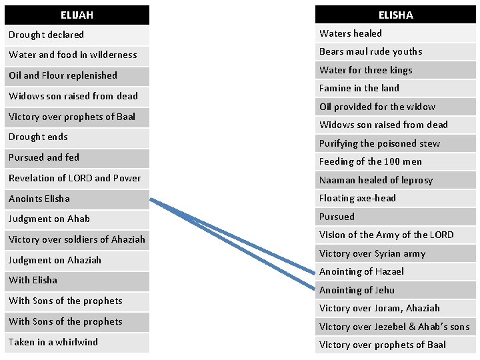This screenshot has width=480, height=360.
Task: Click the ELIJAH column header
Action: pyautogui.click(x=77, y=15)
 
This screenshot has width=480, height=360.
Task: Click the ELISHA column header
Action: pyautogui.click(x=396, y=15)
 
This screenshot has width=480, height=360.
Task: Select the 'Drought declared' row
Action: pyautogui.click(x=47, y=35)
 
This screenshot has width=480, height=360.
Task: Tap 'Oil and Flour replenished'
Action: pyautogui.click(x=63, y=75)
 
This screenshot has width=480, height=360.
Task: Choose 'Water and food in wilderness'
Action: pyautogui.click(x=73, y=55)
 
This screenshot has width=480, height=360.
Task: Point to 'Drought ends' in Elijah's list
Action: pyautogui.click(x=38, y=137)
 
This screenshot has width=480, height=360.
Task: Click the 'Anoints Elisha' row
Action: pyautogui.click(x=39, y=199)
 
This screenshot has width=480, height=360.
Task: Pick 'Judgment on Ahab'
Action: pyautogui.click(x=49, y=219)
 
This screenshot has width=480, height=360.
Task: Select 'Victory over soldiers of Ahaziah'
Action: pyautogui.click(x=77, y=239)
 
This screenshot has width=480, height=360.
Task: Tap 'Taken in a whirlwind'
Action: pyautogui.click(x=53, y=342)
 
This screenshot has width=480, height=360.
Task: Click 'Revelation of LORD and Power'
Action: pyautogui.click(x=75, y=178)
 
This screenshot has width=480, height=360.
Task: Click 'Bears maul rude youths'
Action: pyautogui.click(x=371, y=51)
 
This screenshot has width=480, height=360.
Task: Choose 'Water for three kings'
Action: pyautogui.click(x=366, y=70)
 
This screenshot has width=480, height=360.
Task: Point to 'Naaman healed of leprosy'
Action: pyautogui.click(x=376, y=180)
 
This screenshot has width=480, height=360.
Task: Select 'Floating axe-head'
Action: pyautogui.click(x=357, y=198)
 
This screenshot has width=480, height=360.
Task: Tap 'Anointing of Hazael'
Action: pyautogui.click(x=361, y=271)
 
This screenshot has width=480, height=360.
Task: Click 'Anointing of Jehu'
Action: pyautogui.click(x=357, y=290)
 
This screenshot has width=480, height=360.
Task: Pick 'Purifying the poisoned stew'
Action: pyautogui.click(x=379, y=143)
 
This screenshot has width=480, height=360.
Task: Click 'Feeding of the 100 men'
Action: pyautogui.click(x=371, y=161)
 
